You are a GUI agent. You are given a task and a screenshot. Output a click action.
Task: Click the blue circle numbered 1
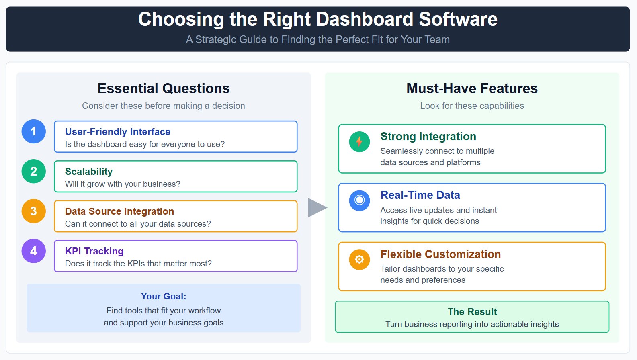tap(34, 131)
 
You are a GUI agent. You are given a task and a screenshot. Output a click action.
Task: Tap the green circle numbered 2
tap(34, 171)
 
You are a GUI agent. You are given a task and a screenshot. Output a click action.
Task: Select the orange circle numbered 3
tap(34, 211)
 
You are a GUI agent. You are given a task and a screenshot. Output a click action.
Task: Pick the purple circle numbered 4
tap(34, 251)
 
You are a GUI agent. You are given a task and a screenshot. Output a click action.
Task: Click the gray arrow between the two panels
tap(317, 207)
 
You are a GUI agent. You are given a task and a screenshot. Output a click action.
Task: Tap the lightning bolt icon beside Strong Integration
tap(359, 141)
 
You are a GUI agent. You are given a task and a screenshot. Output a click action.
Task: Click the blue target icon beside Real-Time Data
tap(359, 200)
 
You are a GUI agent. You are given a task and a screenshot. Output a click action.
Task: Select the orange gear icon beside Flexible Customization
tap(359, 259)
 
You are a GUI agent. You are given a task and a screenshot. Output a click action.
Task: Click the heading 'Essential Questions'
tap(164, 88)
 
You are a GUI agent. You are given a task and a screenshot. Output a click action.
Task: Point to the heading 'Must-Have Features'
tap(472, 88)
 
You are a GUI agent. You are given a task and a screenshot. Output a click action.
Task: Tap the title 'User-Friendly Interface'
tap(118, 132)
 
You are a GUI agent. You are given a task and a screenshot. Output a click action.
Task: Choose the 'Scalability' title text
tap(89, 172)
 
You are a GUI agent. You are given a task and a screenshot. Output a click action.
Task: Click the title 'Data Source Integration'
tap(119, 211)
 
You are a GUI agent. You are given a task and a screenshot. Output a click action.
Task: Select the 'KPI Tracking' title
tap(94, 251)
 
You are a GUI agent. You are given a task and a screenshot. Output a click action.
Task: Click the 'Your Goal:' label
tap(164, 297)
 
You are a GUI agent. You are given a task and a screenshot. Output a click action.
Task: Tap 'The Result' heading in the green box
tap(472, 312)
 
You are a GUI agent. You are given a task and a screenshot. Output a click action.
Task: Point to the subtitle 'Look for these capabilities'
tap(472, 106)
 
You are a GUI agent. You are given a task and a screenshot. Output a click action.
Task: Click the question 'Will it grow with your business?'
tap(123, 184)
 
